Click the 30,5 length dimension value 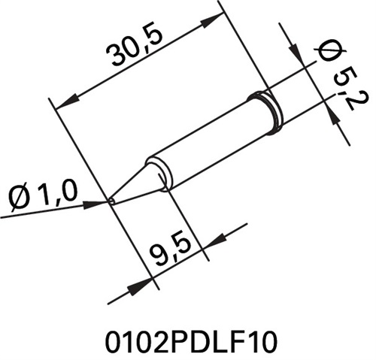click(x=135, y=47)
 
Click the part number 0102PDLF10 click(x=191, y=341)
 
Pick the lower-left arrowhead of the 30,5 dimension click(x=67, y=101)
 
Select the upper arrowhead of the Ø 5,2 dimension click(x=296, y=52)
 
